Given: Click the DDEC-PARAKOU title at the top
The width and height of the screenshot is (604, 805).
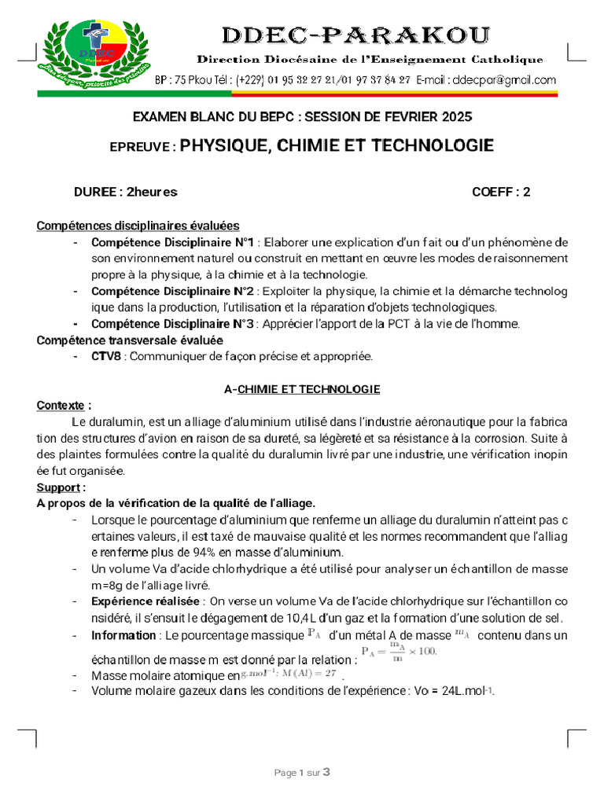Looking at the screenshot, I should click(x=356, y=35).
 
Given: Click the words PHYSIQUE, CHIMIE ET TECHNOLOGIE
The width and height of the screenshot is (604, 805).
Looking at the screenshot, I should click(x=337, y=145).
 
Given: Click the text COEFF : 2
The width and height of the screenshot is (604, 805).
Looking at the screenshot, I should click(x=501, y=192).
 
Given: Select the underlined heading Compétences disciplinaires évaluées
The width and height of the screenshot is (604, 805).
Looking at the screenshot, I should click(x=138, y=226).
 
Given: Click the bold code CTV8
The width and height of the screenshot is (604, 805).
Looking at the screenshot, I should click(x=106, y=356).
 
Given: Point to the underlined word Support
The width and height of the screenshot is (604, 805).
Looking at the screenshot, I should click(x=60, y=487).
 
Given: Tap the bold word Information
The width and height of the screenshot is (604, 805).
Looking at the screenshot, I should click(x=123, y=635).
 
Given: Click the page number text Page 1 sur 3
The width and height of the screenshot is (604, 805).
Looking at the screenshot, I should click(x=302, y=773).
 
